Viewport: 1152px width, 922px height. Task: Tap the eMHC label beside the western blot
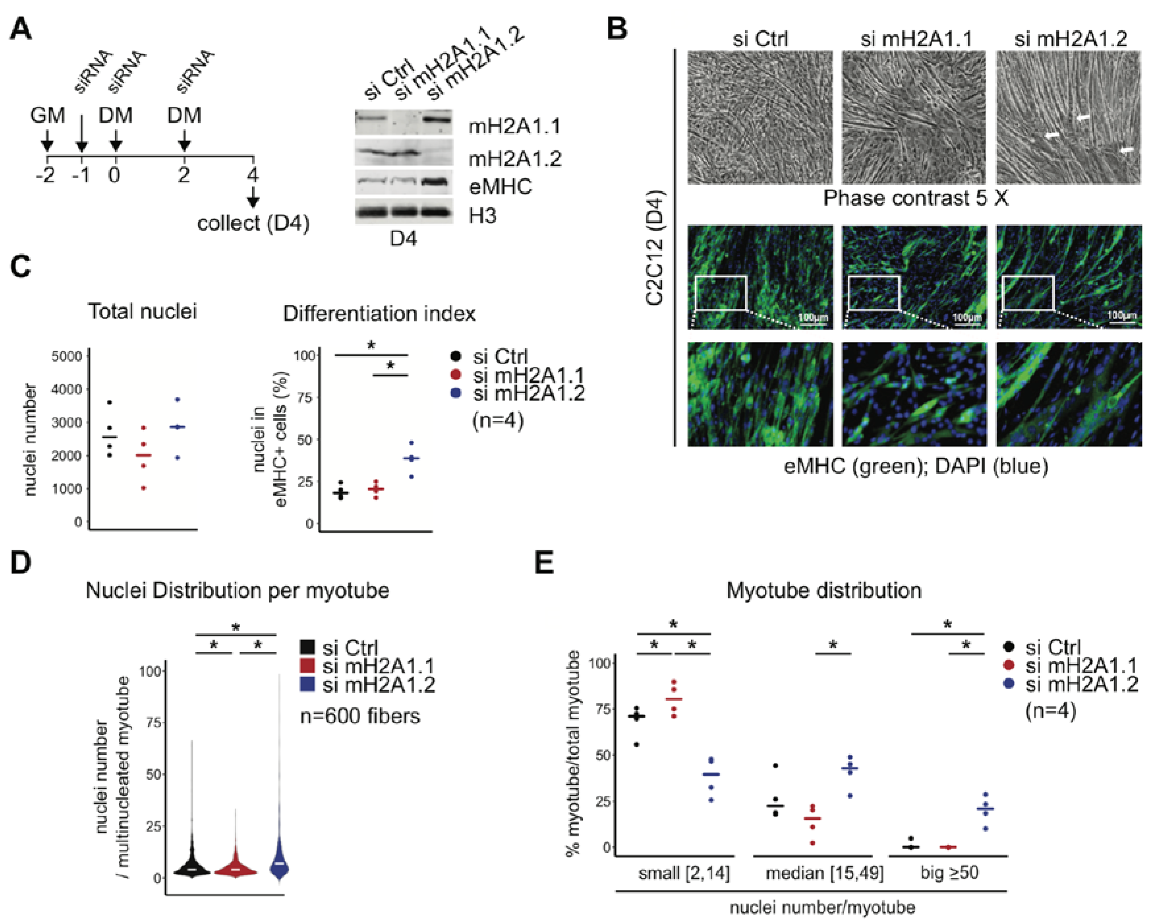click(500, 187)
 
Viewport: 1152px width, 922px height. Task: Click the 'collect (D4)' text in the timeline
click(253, 223)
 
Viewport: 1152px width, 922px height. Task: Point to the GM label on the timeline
click(47, 115)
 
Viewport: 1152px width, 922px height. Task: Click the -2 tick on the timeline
click(45, 175)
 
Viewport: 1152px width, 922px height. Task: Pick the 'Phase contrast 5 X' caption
click(915, 198)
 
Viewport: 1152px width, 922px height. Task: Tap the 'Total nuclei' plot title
click(142, 311)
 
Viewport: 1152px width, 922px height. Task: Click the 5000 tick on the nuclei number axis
click(67, 356)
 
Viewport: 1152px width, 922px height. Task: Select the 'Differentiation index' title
click(379, 313)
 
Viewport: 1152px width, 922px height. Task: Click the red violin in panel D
click(236, 869)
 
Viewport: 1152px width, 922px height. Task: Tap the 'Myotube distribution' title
click(823, 590)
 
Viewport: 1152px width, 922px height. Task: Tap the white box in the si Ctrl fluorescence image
click(721, 293)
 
